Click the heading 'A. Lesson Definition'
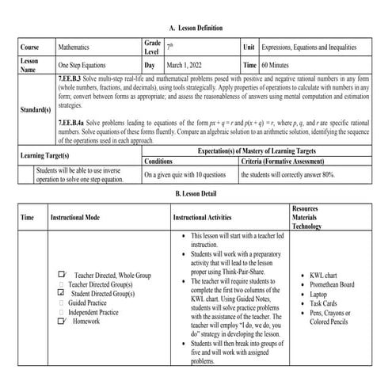click(x=196, y=28)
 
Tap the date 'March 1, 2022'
click(x=189, y=66)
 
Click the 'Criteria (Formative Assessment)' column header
click(x=287, y=160)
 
